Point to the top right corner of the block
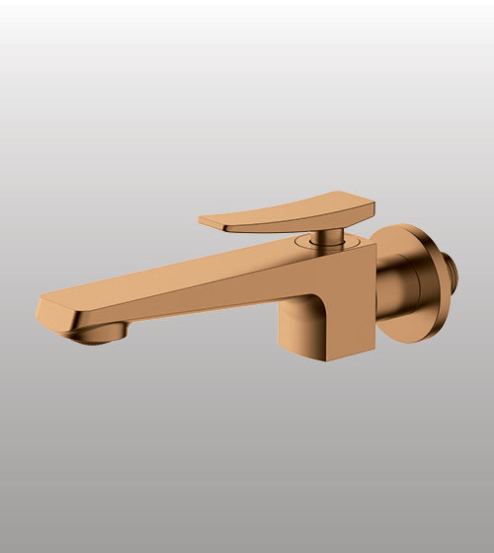pos(374,244)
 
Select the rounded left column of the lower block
pos(291,331)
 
